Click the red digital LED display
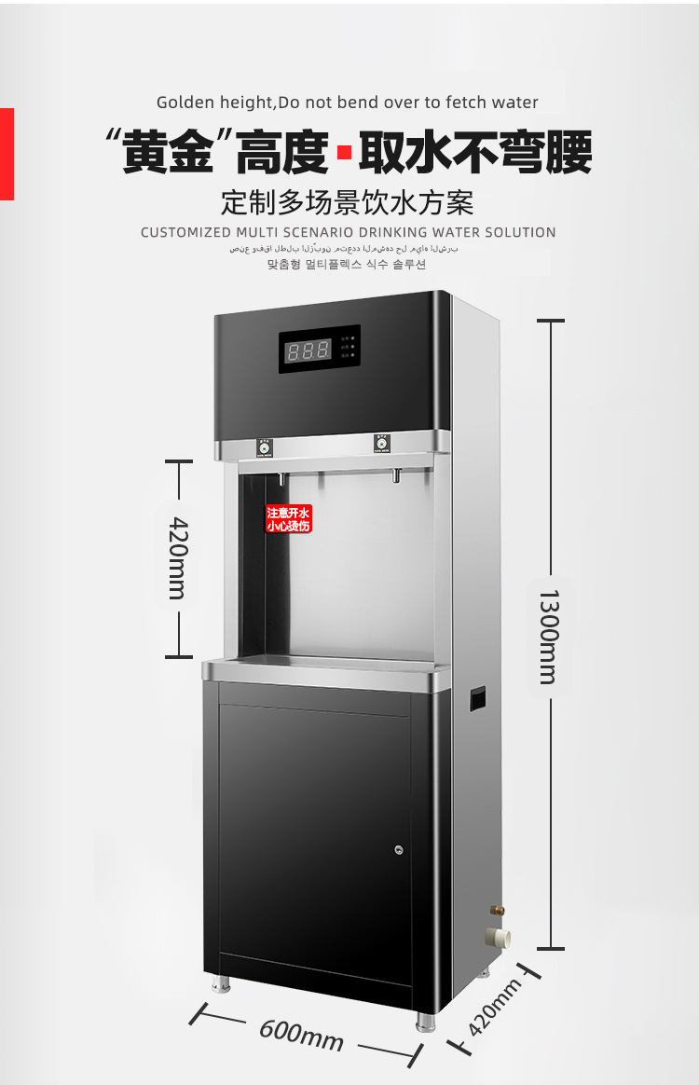308,350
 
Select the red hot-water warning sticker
288,519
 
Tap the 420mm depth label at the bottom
494,1009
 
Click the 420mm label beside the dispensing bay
178,557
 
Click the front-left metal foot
221,982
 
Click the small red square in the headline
343,153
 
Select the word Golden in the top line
185,103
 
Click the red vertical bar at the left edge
7,154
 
